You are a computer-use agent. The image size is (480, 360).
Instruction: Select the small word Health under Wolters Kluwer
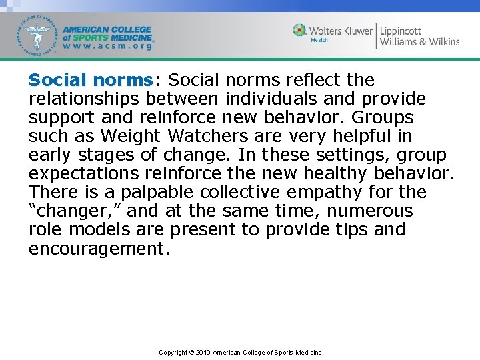319,41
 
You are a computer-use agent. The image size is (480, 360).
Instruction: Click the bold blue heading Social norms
91,80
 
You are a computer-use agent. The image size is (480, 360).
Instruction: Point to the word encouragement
99,249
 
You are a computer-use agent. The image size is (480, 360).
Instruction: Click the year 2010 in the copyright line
203,352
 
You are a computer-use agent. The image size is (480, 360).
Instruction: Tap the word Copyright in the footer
173,352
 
